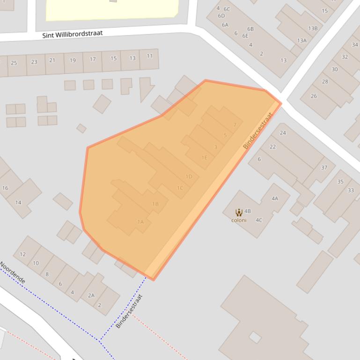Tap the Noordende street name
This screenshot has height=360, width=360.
(13, 273)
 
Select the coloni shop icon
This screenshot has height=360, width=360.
(239, 212)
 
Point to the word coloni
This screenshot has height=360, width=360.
(239, 220)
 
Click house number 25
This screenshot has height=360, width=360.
(14, 63)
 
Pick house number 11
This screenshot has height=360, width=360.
(149, 56)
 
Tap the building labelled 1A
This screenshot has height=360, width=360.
(140, 222)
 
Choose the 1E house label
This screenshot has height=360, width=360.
(204, 158)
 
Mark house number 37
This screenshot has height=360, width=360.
(324, 167)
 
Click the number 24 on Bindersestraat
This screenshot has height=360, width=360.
(283, 133)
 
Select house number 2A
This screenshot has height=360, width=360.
(91, 295)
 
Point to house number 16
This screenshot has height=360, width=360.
(5, 188)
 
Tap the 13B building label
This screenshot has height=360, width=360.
(313, 29)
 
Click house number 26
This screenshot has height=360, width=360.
(314, 96)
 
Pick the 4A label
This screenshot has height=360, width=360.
(275, 199)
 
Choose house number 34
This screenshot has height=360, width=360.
(355, 45)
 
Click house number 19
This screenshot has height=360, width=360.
(73, 60)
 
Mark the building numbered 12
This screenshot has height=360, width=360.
(22, 255)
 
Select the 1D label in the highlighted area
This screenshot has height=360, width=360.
(189, 177)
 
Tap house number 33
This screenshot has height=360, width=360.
(351, 190)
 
